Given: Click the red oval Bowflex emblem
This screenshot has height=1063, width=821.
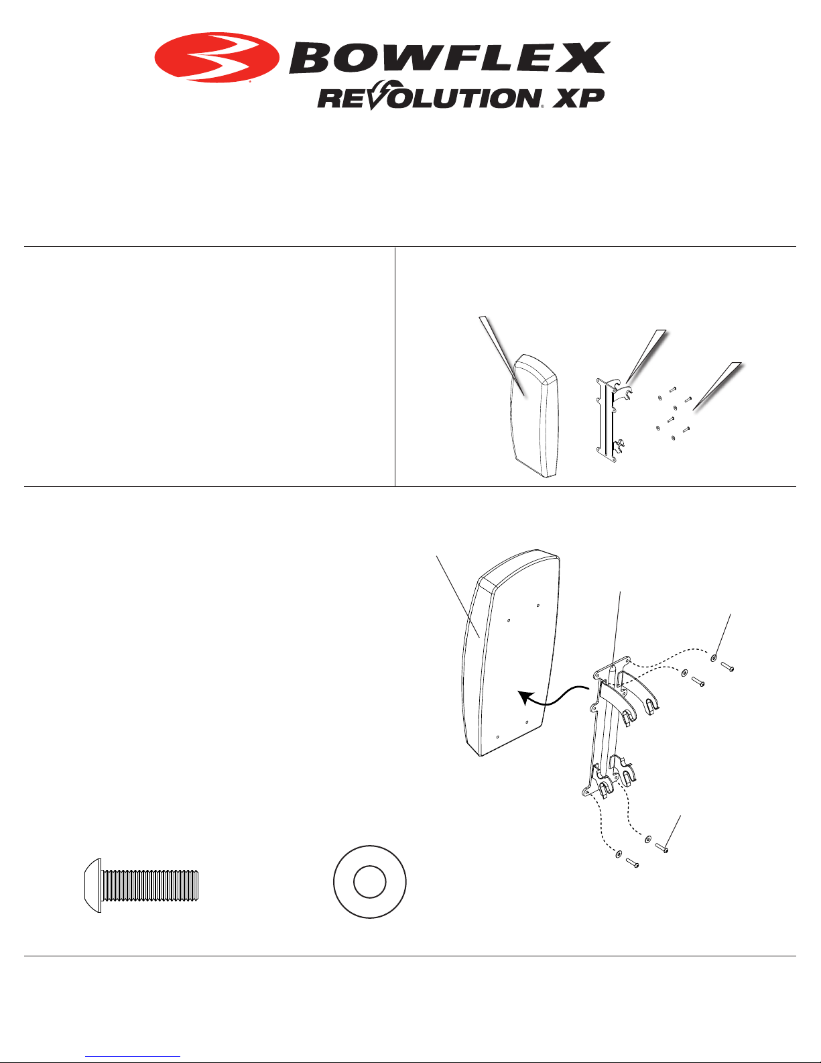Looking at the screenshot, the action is point(217,57).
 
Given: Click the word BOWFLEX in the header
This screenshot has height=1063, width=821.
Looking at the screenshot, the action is point(450,57).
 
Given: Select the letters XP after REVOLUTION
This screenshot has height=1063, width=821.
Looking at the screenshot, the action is point(578,99).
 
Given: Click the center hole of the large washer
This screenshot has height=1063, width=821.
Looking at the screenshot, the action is point(369,883).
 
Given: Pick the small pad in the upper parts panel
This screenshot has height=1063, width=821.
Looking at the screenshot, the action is point(533,415).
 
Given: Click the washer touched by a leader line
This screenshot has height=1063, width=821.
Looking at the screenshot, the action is point(714,659).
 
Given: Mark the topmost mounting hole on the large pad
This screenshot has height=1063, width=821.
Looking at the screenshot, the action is point(538,606).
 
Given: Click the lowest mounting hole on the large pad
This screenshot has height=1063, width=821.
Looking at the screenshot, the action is point(497,736).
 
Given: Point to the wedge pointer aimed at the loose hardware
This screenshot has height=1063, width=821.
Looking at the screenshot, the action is point(717,386).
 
